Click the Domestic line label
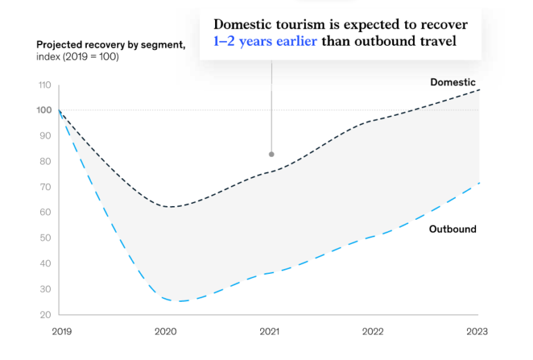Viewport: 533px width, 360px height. (452, 82)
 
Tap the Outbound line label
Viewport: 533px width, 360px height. (452, 229)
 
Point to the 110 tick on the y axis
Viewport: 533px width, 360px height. (44, 85)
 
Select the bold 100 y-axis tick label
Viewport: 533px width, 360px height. (44, 110)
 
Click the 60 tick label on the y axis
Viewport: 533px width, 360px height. (45, 212)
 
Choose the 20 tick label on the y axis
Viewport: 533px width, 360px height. (45, 314)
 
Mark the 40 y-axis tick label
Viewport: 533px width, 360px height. (45, 264)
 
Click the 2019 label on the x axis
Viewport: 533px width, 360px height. (61, 332)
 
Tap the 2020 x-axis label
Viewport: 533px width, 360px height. (166, 332)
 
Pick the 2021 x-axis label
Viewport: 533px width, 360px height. (270, 332)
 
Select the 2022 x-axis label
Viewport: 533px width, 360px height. (374, 332)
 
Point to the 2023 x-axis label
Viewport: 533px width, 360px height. (477, 332)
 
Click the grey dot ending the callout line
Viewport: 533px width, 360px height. (271, 154)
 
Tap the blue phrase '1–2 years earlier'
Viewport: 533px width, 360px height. (266, 42)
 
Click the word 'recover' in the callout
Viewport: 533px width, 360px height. (444, 24)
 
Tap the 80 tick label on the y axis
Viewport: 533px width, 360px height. (45, 161)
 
